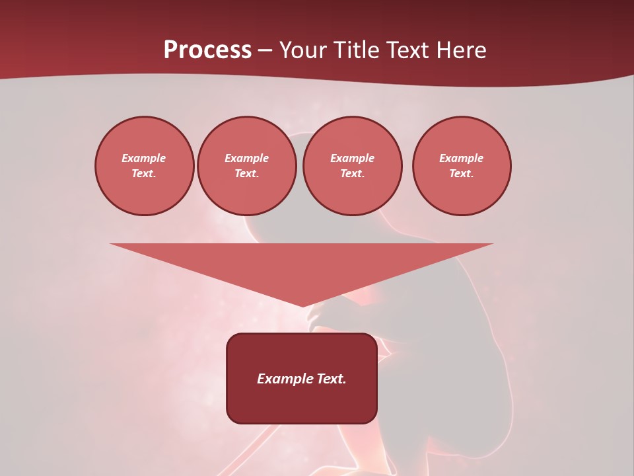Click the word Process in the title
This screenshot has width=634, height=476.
(x=207, y=50)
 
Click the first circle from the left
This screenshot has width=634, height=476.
(x=145, y=166)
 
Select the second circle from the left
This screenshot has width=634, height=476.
(x=247, y=166)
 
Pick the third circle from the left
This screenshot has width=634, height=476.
(x=353, y=166)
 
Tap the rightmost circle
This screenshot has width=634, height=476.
(x=462, y=166)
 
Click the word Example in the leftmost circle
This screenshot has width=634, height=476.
(x=144, y=158)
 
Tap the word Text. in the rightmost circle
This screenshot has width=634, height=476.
(x=462, y=174)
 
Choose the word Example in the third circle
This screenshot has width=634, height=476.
(x=353, y=158)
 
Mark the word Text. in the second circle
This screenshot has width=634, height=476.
(x=247, y=174)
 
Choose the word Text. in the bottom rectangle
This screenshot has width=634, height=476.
(x=332, y=379)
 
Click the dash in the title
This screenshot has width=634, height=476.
(x=265, y=51)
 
